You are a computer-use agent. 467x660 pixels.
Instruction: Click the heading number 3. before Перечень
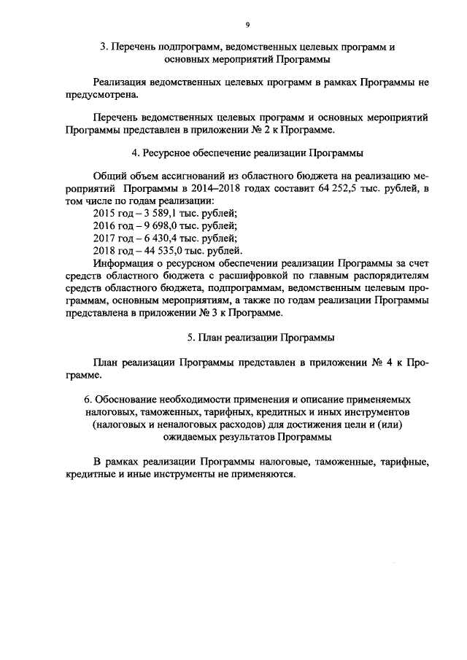(x=104, y=47)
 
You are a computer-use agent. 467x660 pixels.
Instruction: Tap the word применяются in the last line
(x=266, y=474)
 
